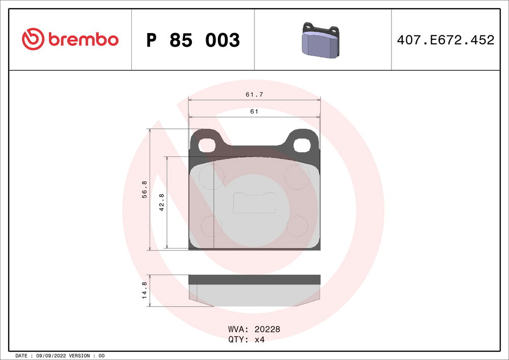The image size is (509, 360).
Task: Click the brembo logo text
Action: click(83, 40)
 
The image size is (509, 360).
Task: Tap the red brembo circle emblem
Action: click(34, 40)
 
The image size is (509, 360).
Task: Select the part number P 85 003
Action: click(193, 40)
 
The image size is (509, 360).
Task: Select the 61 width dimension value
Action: click(253, 112)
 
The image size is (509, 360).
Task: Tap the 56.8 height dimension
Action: click(145, 189)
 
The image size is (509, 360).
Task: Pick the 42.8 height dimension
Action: click(162, 202)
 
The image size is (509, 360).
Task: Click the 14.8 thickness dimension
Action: click(145, 290)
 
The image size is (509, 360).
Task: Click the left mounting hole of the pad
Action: click(207, 145)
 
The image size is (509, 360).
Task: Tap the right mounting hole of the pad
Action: click(302, 145)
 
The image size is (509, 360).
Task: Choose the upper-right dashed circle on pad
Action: click(297, 177)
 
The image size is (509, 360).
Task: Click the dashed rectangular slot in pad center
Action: click(254, 203)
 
